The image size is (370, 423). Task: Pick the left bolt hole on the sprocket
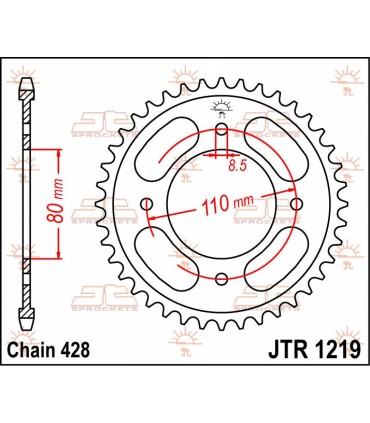(x=146, y=205)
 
